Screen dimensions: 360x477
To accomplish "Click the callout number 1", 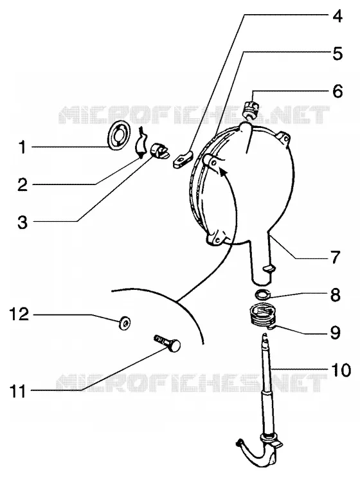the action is [22, 147].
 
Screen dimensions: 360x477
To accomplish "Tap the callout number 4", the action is [336, 17].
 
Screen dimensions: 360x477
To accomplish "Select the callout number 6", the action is [337, 91].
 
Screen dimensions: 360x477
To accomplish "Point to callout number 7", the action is [335, 257].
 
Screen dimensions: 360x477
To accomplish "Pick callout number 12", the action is [19, 314].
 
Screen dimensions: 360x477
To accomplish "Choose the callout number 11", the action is [18, 392].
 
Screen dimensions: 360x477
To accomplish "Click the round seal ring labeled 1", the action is [118, 136].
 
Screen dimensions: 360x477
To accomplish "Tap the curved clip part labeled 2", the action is [141, 143].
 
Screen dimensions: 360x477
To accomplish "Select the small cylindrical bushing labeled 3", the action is [159, 150].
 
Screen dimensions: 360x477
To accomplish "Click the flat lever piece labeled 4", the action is [183, 159].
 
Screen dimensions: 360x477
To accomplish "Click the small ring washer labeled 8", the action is [263, 294].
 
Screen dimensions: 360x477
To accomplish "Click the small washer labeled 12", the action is [125, 322].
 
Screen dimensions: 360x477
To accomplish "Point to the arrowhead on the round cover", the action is [224, 172].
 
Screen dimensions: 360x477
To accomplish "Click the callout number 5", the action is [337, 54].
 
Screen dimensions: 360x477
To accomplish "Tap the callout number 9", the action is [335, 333].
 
